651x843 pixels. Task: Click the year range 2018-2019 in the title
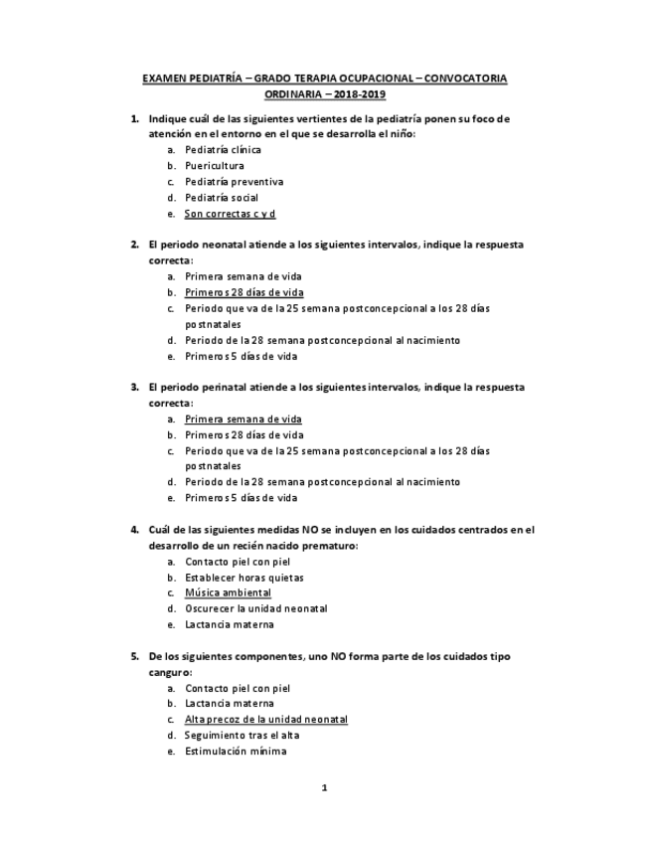point(358,93)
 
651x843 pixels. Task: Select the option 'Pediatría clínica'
point(223,149)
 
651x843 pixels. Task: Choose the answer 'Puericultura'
point(214,165)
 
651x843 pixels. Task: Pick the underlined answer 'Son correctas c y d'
point(230,214)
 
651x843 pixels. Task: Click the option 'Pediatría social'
point(222,198)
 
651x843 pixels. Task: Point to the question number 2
point(134,244)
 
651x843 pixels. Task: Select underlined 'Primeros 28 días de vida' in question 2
point(244,292)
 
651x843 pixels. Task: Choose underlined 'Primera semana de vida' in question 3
point(243,420)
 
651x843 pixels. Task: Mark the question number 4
point(134,530)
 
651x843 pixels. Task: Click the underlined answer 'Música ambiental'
point(228,592)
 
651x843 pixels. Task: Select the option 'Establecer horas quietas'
point(244,577)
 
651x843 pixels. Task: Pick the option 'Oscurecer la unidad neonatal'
point(255,608)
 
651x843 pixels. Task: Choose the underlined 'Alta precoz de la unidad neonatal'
point(265,719)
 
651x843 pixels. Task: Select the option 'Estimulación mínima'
point(236,752)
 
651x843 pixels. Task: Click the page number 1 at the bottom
point(324,788)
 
